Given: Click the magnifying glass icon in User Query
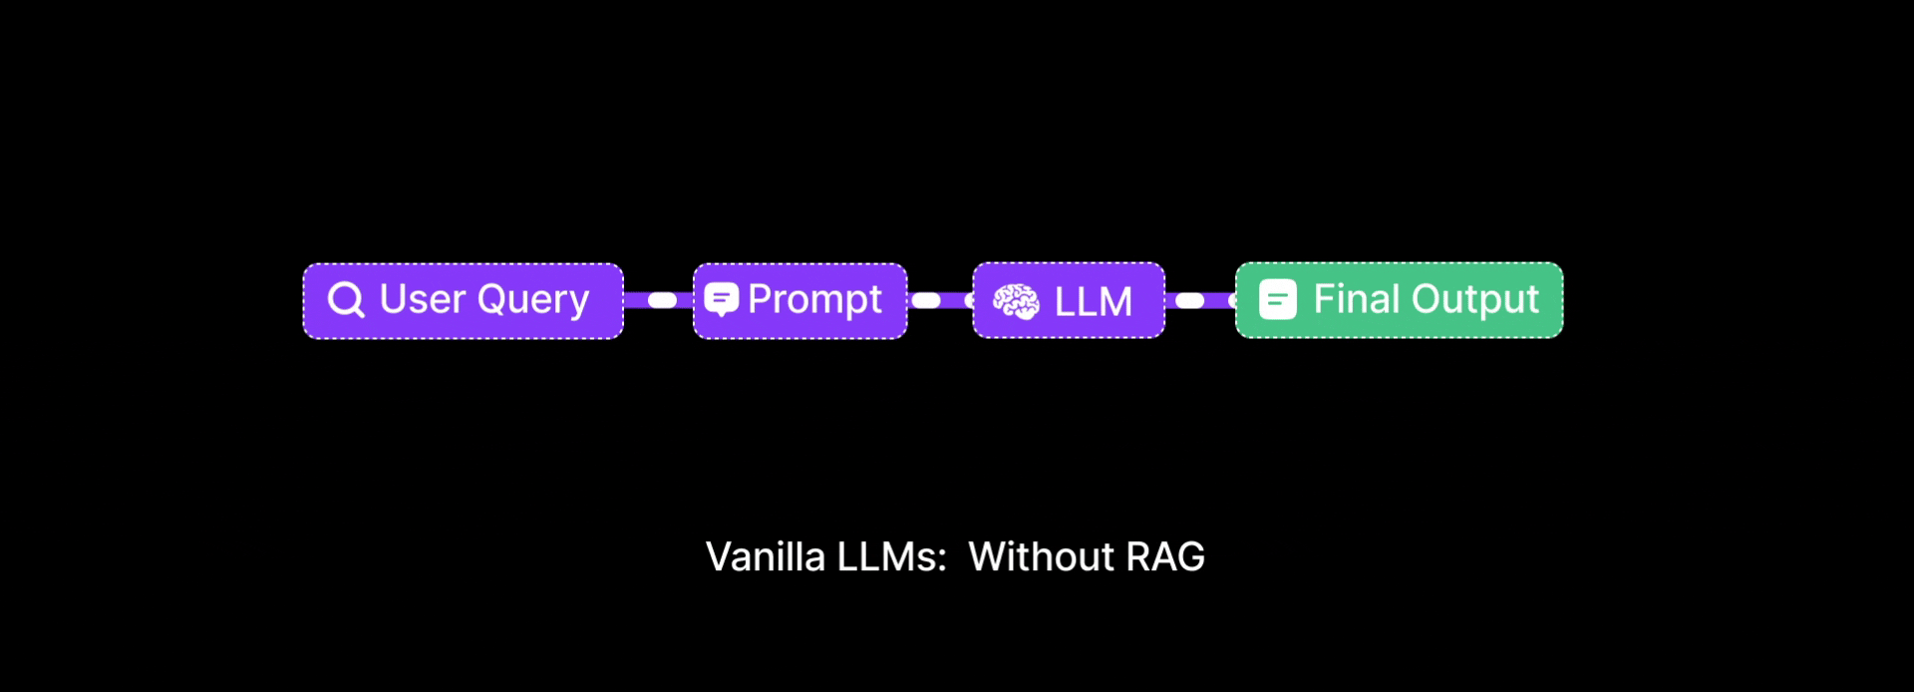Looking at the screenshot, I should pos(346,299).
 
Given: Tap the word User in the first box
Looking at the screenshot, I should pos(423,299).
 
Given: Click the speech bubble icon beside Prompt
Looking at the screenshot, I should pos(722,298).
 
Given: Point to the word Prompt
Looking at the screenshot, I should pos(814,300).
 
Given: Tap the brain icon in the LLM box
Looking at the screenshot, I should pos(1016,301).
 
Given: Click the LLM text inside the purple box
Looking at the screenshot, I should pos(1093,301).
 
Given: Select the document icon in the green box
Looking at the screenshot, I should pos(1278,299).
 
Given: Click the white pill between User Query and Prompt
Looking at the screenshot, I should pos(662,300).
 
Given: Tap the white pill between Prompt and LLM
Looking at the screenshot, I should pos(926,300).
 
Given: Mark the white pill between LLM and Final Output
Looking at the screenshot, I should pos(1190,300).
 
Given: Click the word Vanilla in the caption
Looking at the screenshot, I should pos(766,556).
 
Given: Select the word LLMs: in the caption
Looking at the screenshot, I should pos(891,556).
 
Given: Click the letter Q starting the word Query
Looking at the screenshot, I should pos(490,299).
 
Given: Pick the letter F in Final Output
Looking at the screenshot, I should pos(1323,299).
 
